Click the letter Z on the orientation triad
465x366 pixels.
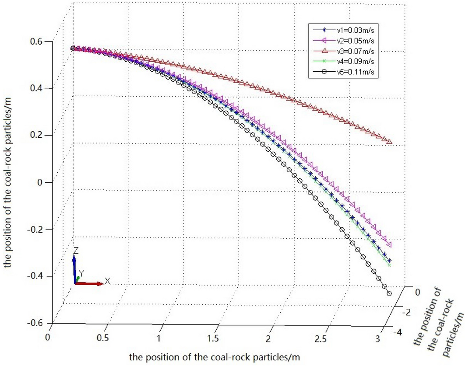pos(76,251)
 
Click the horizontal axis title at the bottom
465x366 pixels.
pos(214,356)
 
